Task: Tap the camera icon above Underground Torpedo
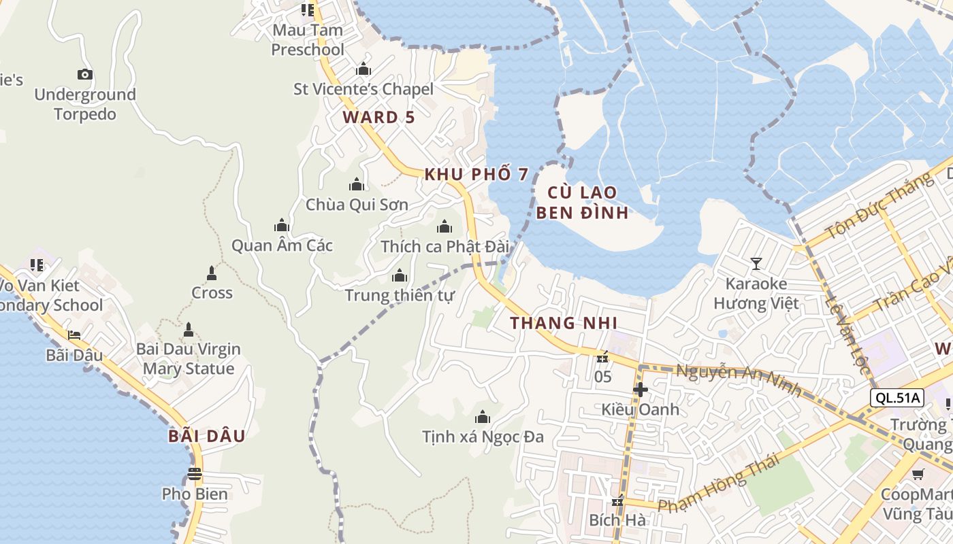pos(85,74)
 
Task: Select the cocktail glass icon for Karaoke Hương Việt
pos(756,263)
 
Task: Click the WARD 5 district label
pos(378,117)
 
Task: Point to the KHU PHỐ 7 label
pos(476,174)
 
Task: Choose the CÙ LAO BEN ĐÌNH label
pos(582,202)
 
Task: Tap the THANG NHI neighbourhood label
pos(564,323)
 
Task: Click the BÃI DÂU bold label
pos(206,436)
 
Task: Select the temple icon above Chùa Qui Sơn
pos(357,184)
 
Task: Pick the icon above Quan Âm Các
pos(282,226)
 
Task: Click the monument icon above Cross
pos(212,273)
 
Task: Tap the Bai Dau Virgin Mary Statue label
pos(189,359)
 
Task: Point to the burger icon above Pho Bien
pos(195,473)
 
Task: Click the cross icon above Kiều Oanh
pos(640,390)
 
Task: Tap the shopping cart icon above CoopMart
pos(918,474)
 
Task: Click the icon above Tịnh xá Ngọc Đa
pos(483,417)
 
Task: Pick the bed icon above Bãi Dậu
pos(74,335)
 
